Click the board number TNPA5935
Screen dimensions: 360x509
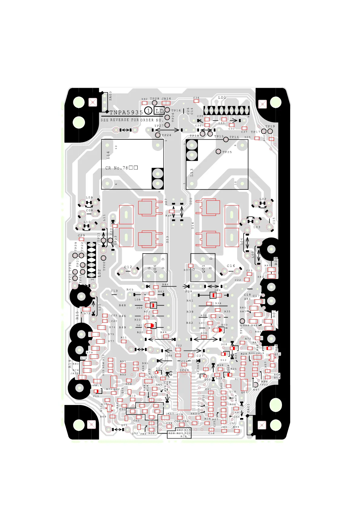pos(126,112)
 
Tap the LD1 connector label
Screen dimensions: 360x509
pos(222,97)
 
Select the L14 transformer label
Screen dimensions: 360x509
pos(108,155)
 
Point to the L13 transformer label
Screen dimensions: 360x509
pos(191,173)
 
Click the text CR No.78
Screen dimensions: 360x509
pos(116,168)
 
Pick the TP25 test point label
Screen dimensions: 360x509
pos(227,152)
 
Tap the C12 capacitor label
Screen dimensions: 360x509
pos(128,267)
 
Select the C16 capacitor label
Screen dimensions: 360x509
pos(231,266)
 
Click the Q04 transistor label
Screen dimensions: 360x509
pos(155,269)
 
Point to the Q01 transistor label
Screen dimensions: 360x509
pos(204,269)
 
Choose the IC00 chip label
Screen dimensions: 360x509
pos(184,370)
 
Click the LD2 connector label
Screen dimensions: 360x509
pos(99,273)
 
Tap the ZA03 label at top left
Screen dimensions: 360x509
pos(110,96)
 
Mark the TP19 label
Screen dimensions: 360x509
pos(270,126)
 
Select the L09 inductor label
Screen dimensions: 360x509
pos(89,197)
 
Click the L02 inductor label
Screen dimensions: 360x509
pos(263,199)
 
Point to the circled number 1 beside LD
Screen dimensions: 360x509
pos(148,111)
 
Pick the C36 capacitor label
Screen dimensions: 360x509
pos(196,98)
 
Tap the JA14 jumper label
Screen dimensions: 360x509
pos(166,99)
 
